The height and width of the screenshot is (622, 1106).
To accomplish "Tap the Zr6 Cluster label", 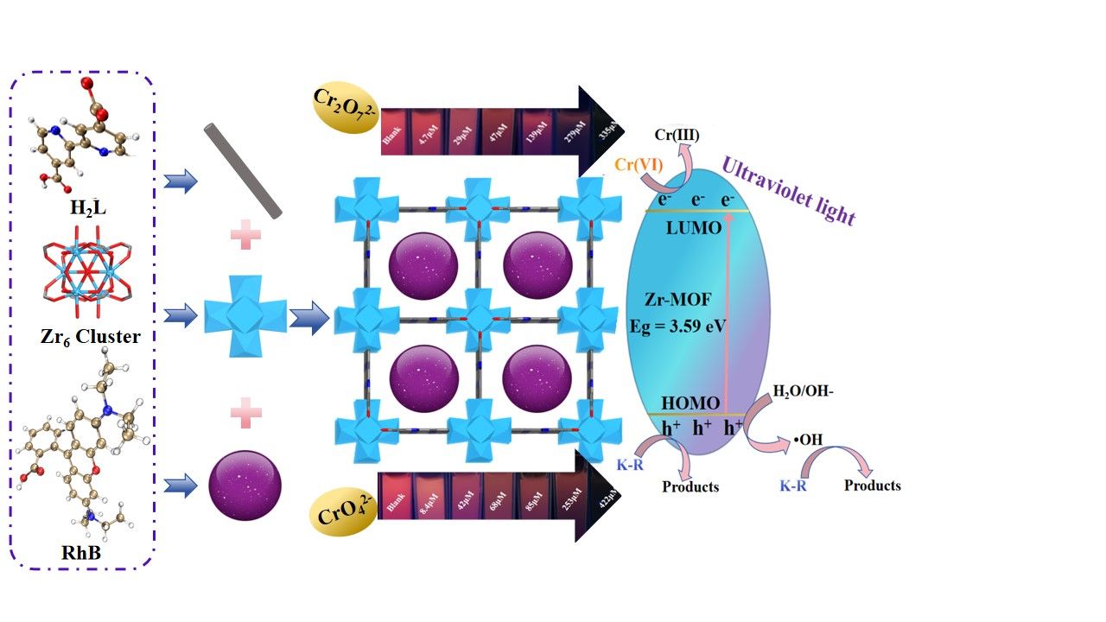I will [91, 336].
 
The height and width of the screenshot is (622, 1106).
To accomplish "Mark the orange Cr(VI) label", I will [639, 164].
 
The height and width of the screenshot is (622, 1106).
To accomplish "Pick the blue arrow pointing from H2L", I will [181, 181].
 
